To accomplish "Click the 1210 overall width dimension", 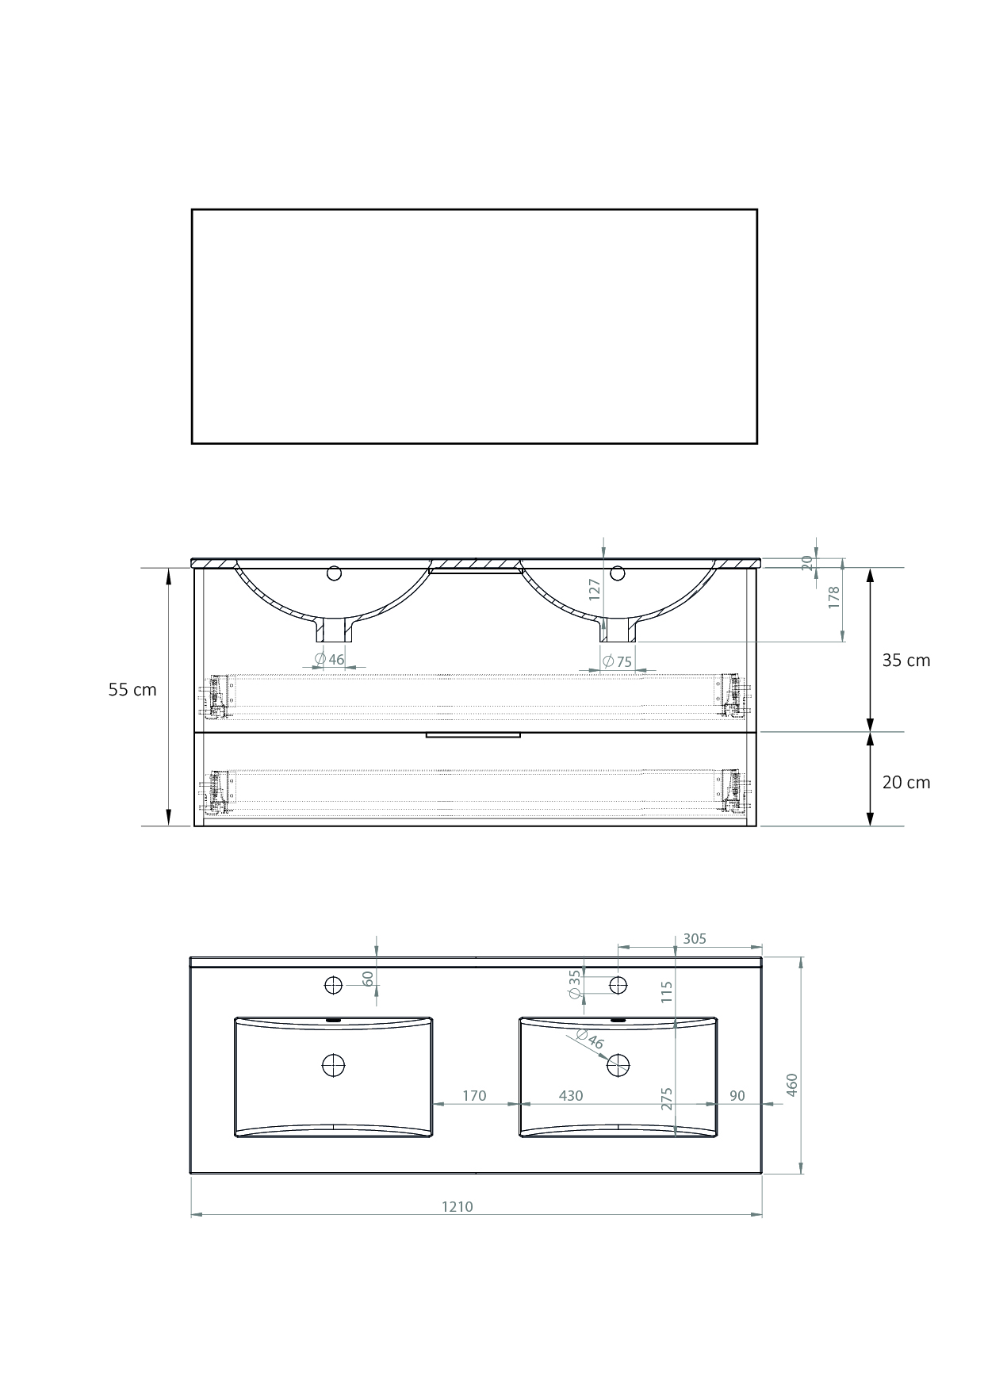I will pos(458,1206).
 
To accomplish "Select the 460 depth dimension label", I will pos(791,1085).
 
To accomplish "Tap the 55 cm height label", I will pos(132,690).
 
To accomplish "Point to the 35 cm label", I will pos(906,661).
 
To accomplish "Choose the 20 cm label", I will pos(906,783).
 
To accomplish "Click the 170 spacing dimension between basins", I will pos(474,1096).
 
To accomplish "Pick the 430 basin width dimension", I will pos(571,1096).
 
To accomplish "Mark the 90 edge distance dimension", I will pos(737,1096).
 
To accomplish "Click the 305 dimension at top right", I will pos(695,939).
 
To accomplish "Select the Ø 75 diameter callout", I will pos(618,661).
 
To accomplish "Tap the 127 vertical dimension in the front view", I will pos(595,588).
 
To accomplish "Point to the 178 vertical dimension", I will pos(833,597).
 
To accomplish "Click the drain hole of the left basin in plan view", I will pos(334,1065).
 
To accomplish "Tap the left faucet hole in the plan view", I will pos(333,985).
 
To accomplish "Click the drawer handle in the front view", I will pos(473,735).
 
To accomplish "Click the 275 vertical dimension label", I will pos(667,1098).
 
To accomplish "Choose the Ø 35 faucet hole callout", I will pos(575,983).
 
